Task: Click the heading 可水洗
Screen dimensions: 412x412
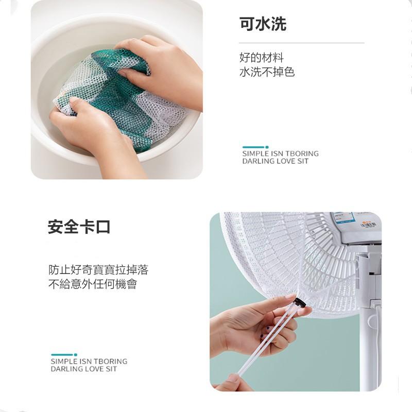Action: coord(263,24)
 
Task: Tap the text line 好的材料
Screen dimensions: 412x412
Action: coord(261,58)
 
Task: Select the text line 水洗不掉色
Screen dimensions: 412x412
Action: coord(267,72)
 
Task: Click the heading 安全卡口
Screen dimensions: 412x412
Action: coord(79,227)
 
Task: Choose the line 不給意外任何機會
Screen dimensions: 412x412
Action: coord(93,284)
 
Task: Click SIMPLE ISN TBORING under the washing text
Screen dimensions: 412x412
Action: coord(280,153)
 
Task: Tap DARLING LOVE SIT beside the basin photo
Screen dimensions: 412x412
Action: coord(275,161)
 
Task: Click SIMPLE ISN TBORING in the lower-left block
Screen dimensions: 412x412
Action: coord(89,362)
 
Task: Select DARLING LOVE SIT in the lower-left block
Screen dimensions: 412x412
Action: coord(83,369)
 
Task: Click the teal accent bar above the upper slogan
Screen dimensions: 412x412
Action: coord(255,147)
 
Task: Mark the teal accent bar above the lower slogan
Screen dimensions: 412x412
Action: coord(63,355)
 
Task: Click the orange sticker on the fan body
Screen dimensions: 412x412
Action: coord(368,223)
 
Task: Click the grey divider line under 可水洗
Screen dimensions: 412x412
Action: coord(301,43)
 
